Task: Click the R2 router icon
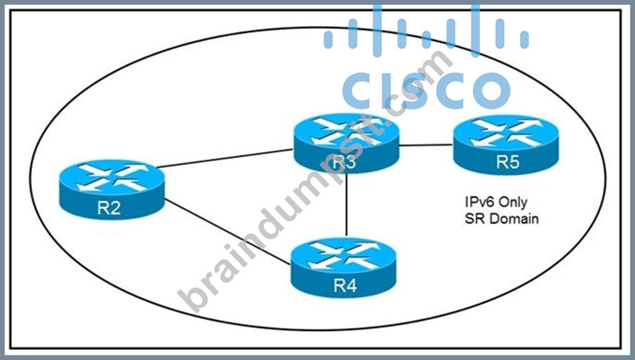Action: coord(112,189)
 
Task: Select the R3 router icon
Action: coord(347,143)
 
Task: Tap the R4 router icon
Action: coord(343,268)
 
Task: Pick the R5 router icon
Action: coord(506,145)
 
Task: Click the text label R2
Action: coord(109,208)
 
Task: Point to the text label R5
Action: coord(508,162)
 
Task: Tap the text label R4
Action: coord(345,285)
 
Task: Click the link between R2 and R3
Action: coord(225,158)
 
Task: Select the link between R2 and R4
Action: coord(228,232)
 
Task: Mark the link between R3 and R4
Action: coord(347,204)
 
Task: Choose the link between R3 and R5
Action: coord(426,145)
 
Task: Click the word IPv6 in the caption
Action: coord(479,202)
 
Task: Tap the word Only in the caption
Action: coord(513,202)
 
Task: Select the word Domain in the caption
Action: coord(513,219)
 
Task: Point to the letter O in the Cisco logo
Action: coord(492,90)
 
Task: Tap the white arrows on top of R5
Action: coord(506,132)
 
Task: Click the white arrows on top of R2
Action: coord(112,177)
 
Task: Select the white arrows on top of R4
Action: coord(343,255)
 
